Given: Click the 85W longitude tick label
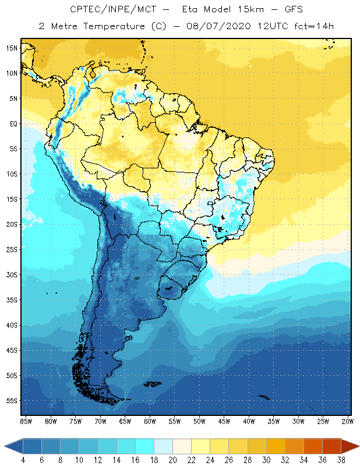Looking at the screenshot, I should [x=26, y=421].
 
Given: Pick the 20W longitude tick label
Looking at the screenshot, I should [x=347, y=421].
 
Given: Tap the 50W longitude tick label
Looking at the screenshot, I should [x=199, y=421].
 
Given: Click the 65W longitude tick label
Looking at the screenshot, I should [x=125, y=421].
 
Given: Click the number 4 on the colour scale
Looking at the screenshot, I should [x=23, y=460].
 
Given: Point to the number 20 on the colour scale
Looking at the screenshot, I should [x=173, y=460].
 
